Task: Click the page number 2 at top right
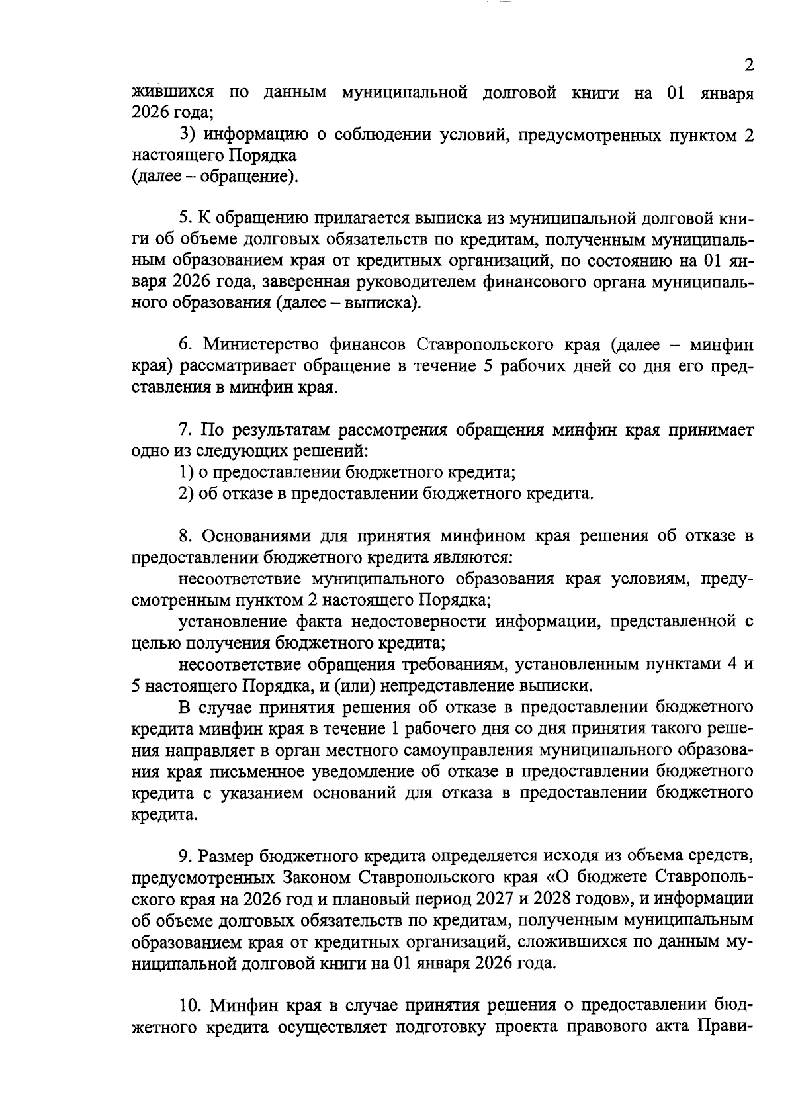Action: click(x=748, y=66)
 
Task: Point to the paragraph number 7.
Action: click(x=185, y=430)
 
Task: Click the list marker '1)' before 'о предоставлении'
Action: click(x=187, y=473)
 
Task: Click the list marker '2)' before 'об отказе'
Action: click(x=187, y=494)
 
